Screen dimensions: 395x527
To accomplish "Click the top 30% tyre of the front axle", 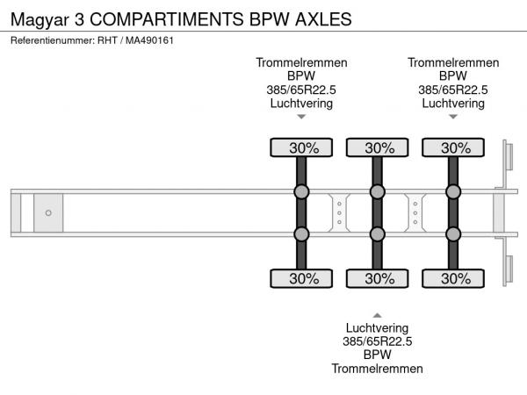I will point(301,147).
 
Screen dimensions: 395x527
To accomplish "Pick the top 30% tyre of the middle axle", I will point(378,147).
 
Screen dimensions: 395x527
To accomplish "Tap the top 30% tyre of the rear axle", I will point(453,147).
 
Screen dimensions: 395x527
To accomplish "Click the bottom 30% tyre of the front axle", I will point(301,279).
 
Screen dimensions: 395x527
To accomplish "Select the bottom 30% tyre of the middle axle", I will point(378,279).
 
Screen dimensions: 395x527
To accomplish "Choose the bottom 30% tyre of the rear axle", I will point(453,279).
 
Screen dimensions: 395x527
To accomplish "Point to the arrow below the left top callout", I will point(301,117).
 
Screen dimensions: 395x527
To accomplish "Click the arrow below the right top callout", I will point(453,117).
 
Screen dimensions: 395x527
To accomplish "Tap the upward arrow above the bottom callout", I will point(378,314).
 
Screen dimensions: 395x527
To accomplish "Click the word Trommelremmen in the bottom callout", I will point(378,369).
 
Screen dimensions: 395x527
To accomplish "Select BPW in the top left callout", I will point(301,76).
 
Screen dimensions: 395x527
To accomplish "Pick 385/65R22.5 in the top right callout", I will point(453,90).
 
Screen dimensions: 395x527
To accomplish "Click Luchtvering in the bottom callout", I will point(378,328).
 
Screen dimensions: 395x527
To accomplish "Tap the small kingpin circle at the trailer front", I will point(48,212).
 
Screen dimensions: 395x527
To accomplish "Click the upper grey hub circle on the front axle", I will point(301,192).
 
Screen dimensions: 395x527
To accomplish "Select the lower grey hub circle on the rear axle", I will point(453,233).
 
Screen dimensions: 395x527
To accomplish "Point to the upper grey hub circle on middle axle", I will point(378,192).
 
